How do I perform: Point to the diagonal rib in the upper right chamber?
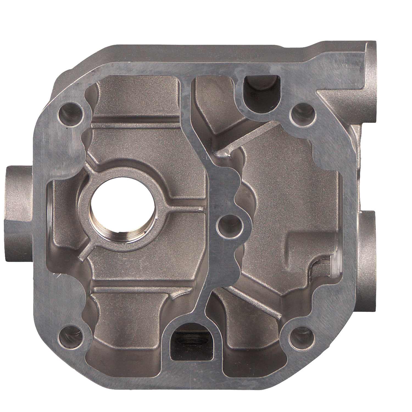[247, 137]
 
